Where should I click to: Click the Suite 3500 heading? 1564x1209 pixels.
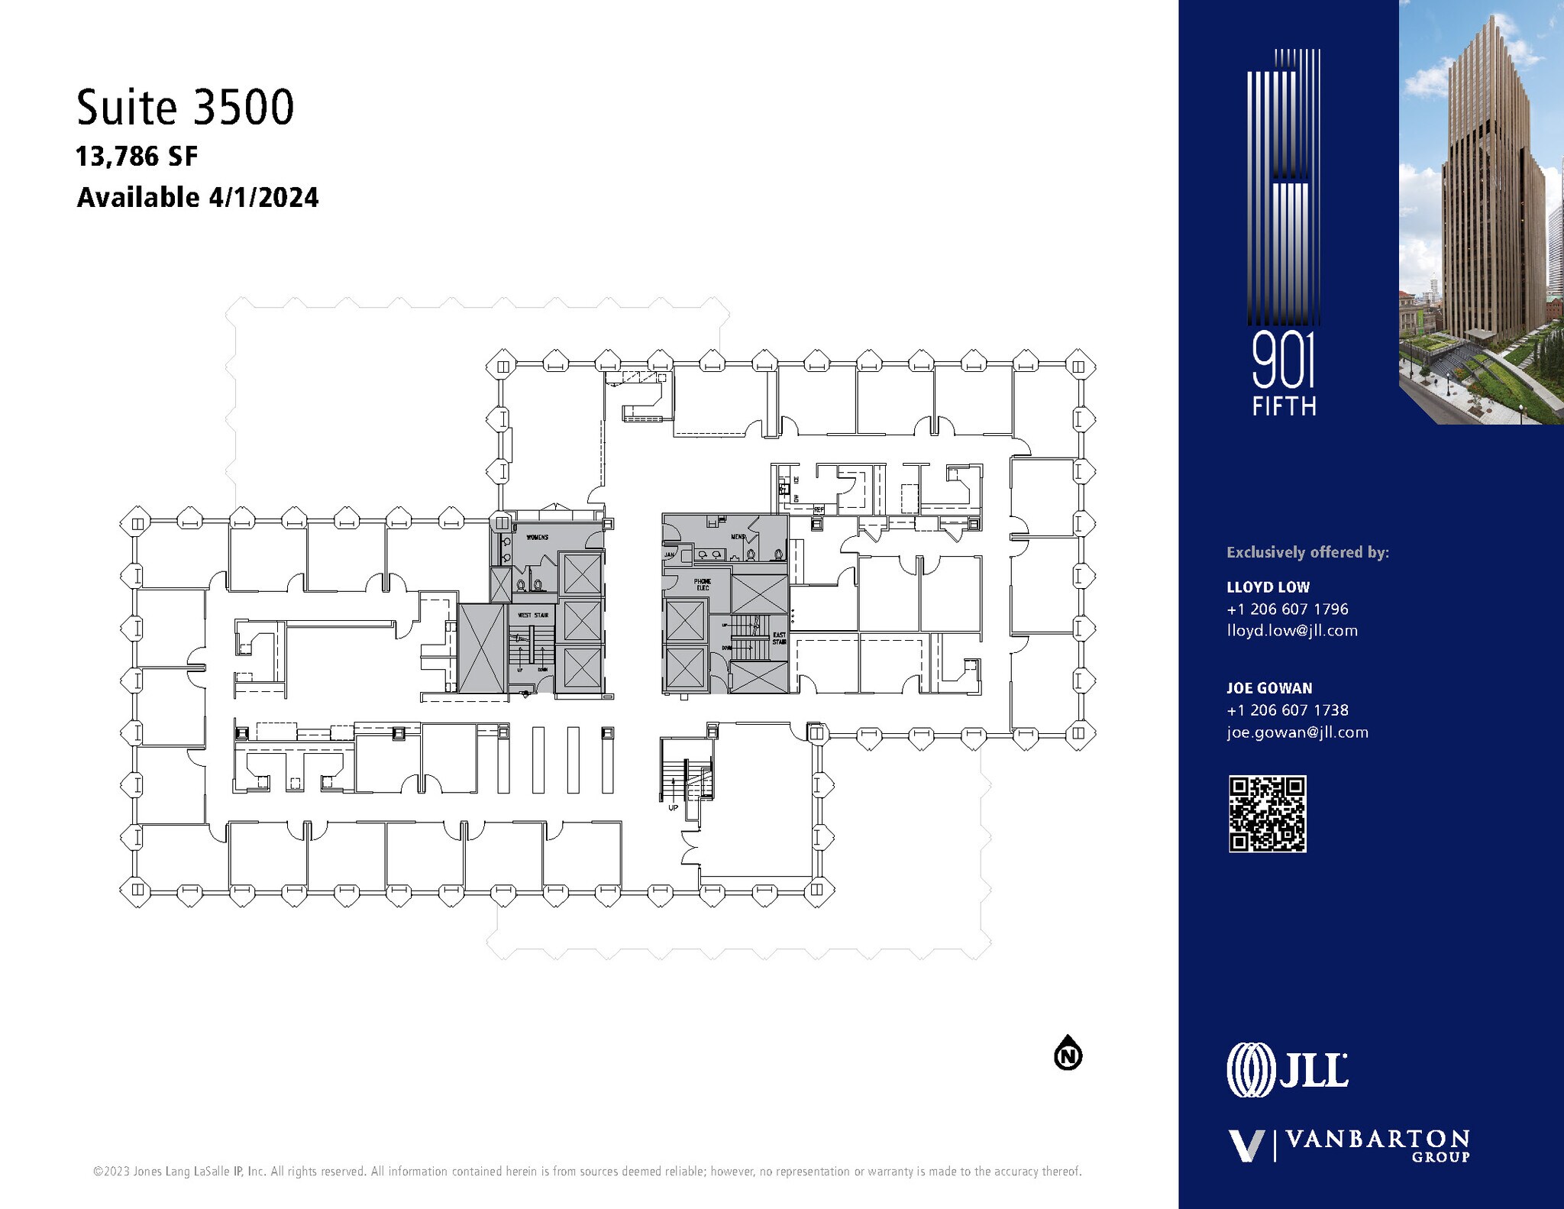tap(185, 108)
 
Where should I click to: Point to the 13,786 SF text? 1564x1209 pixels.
tap(137, 157)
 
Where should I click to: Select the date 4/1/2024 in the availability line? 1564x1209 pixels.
tap(263, 198)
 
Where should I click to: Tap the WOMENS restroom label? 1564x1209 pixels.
tap(537, 538)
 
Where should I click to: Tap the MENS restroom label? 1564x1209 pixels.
tap(738, 537)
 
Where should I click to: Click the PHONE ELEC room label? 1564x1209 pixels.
tap(702, 584)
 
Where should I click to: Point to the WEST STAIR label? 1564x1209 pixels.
tap(533, 615)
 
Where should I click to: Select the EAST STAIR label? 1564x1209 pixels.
tap(779, 638)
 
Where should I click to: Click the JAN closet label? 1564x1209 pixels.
tap(669, 555)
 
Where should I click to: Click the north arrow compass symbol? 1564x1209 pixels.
tap(1068, 1055)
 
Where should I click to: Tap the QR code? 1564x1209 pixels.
tap(1267, 813)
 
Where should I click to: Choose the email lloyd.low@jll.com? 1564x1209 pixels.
tap(1292, 631)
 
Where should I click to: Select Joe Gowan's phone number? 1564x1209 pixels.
tap(1288, 710)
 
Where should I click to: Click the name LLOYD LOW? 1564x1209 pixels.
tap(1268, 587)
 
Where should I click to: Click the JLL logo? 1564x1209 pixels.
tap(1287, 1070)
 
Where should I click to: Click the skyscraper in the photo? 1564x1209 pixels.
tap(1489, 191)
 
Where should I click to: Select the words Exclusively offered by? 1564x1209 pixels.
tap(1307, 552)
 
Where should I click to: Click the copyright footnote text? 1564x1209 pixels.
tap(586, 1171)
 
